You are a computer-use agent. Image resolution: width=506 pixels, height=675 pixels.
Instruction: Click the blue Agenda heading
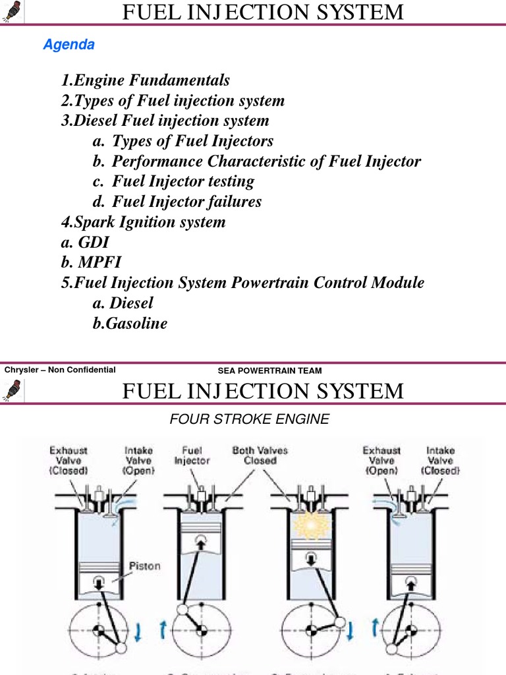(69, 45)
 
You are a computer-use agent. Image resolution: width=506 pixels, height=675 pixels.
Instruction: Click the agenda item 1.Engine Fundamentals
(145, 80)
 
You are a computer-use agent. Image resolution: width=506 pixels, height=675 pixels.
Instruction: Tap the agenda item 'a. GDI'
(85, 242)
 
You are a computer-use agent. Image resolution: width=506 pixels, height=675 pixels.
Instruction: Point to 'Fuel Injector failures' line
(186, 202)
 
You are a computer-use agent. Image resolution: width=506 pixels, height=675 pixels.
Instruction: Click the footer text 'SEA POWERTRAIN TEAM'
(269, 370)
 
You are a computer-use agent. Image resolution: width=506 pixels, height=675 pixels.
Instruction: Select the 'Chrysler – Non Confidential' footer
(60, 370)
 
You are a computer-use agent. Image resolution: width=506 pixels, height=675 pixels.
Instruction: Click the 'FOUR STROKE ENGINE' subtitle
(250, 419)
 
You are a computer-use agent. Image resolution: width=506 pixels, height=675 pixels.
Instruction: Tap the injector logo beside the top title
(13, 12)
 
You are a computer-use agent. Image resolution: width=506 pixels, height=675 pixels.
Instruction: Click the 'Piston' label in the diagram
(145, 566)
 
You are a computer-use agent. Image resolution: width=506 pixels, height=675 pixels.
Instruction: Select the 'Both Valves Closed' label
(260, 455)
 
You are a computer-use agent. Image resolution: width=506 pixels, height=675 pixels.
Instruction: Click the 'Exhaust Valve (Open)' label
(382, 460)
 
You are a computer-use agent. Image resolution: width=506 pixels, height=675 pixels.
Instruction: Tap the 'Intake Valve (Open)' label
(139, 460)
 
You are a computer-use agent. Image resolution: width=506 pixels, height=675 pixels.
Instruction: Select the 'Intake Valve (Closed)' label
(440, 460)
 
